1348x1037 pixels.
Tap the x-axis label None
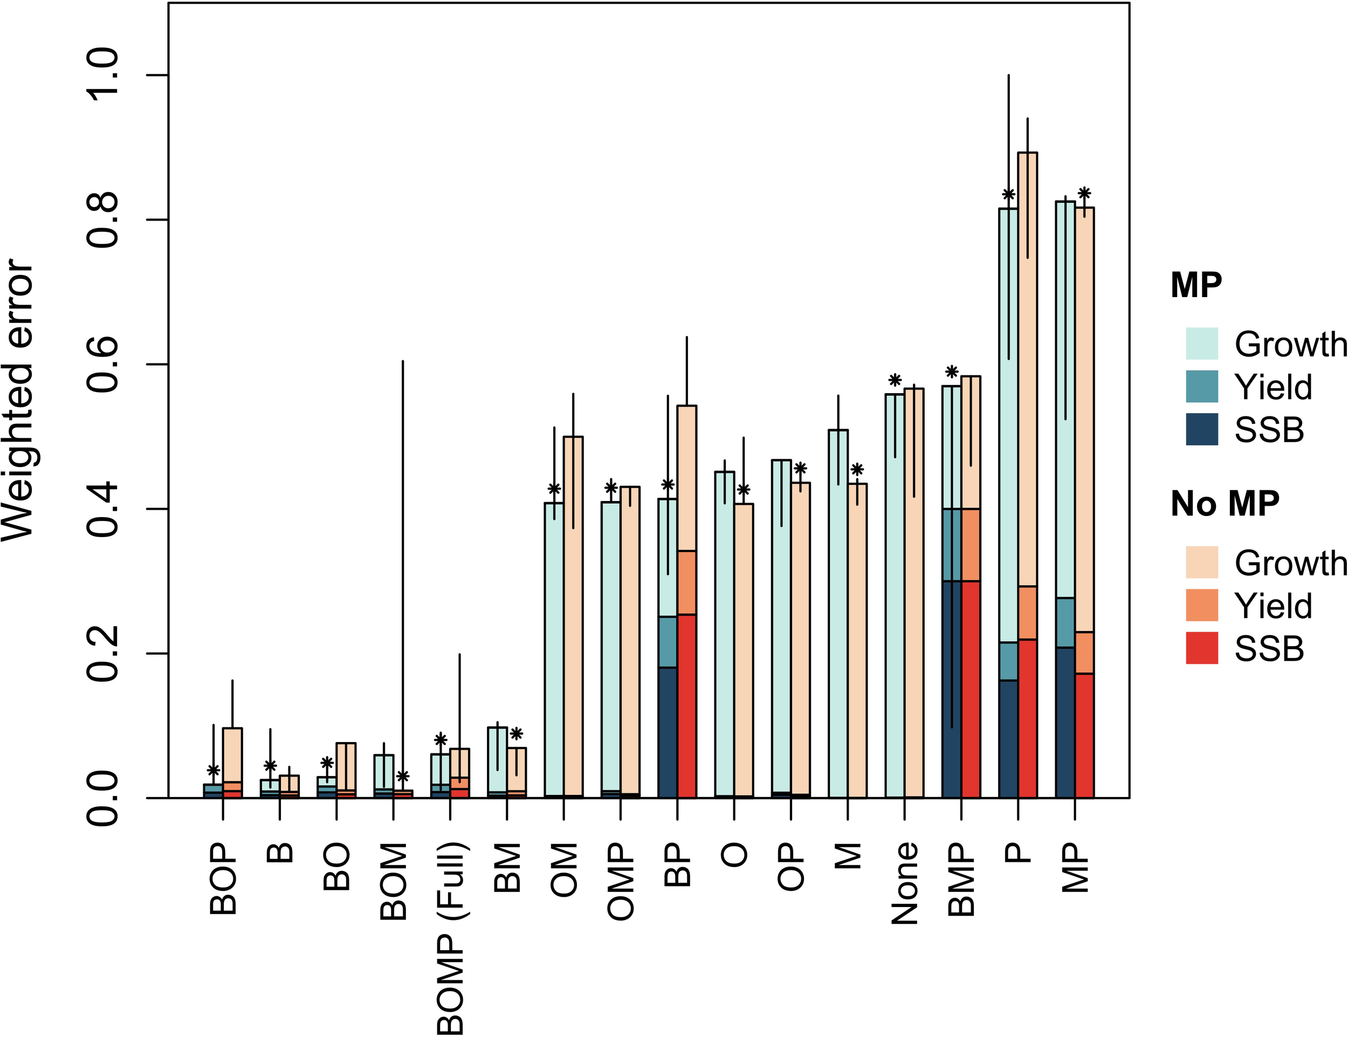[x=905, y=883]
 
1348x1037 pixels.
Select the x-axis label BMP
[x=961, y=880]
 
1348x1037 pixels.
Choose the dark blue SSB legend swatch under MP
[x=1202, y=429]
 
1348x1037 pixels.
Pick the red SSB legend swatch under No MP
[x=1202, y=648]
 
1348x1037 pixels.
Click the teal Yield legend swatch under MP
[x=1202, y=387]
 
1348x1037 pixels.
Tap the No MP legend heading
[x=1225, y=504]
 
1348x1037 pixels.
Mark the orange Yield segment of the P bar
[x=1028, y=613]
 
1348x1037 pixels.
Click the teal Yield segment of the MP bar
[x=1065, y=622]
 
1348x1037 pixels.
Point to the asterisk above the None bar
[x=895, y=380]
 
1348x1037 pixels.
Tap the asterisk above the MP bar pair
[x=1084, y=193]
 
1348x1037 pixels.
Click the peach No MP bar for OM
[x=573, y=617]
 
